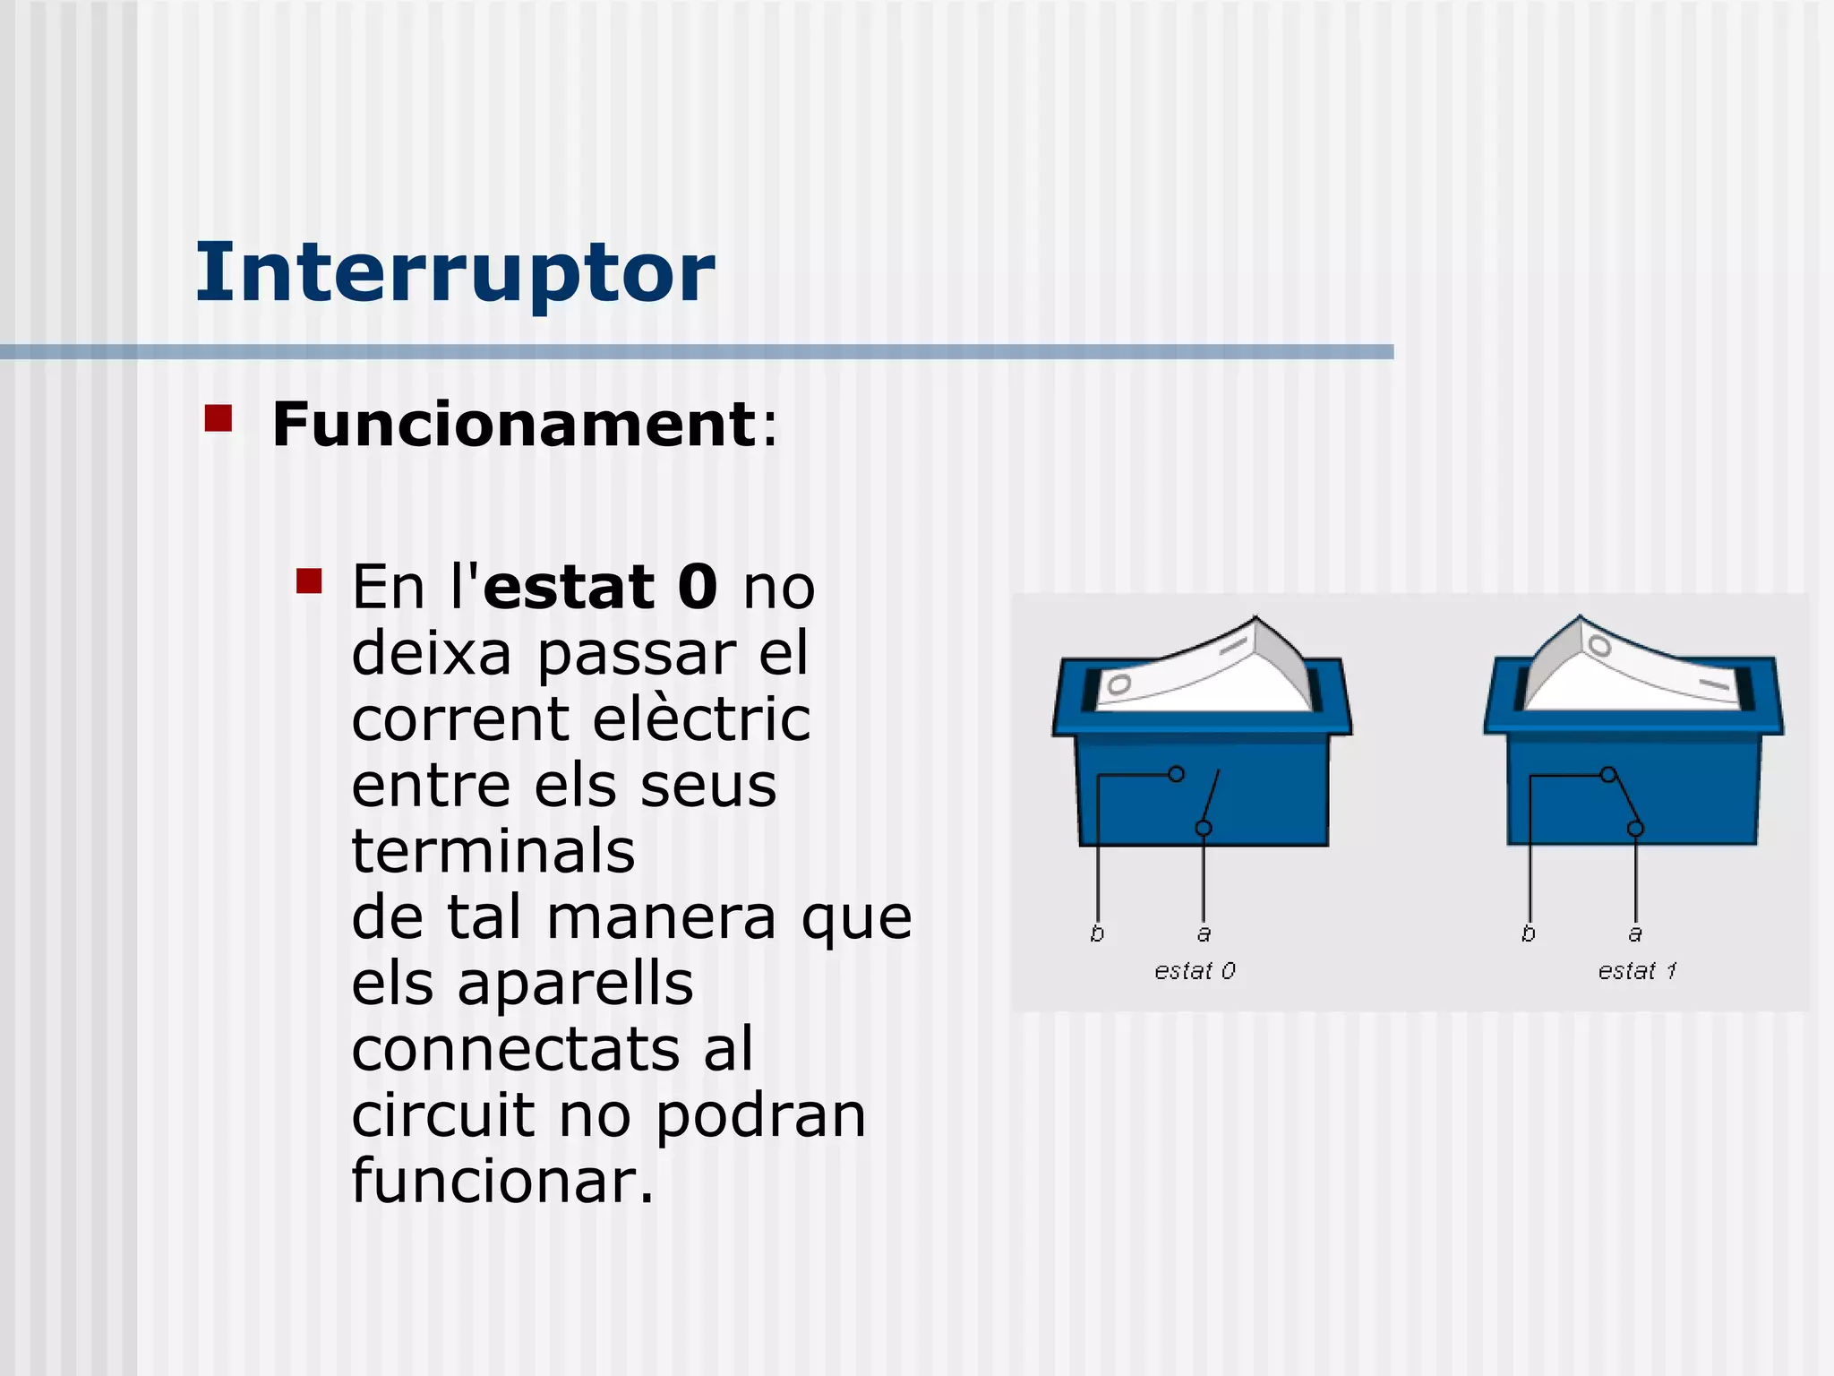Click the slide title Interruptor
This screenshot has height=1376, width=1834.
pos(455,272)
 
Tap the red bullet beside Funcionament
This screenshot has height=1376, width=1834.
pos(218,418)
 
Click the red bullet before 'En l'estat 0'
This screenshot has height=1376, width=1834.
pos(309,581)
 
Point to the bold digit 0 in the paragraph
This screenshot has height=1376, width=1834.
pos(697,588)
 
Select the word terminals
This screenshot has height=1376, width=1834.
pos(493,851)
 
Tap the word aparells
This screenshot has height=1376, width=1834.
pos(575,984)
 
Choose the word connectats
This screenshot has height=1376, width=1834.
pos(514,1050)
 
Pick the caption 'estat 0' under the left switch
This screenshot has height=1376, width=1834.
pos(1195,971)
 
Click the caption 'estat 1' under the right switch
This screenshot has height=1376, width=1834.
pos(1637,971)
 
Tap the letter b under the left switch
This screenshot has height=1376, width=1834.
pos(1097,933)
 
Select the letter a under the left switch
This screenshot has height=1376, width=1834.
pos(1204,934)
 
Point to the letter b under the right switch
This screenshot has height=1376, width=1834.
pos(1529,933)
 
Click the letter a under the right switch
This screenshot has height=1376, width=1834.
pos(1635,934)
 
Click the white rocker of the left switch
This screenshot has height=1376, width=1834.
pos(1200,672)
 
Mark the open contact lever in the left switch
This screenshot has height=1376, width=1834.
pos(1211,797)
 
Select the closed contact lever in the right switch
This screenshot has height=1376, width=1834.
pos(1623,800)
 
